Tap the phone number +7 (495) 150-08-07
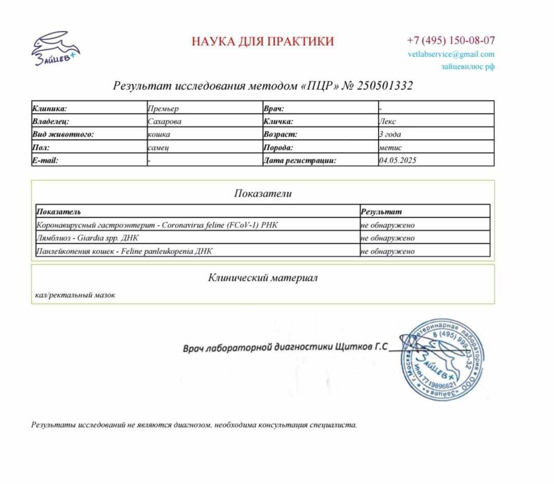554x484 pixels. (451, 40)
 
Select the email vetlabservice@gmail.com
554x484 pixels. (451, 54)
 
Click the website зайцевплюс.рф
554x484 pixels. (467, 66)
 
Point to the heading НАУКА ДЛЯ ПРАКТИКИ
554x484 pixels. (263, 41)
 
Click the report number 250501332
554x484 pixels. (384, 86)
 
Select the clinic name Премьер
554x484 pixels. (163, 108)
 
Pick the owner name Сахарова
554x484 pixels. (164, 122)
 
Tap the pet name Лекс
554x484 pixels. (387, 122)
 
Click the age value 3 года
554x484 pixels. (390, 134)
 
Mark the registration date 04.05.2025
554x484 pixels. (397, 160)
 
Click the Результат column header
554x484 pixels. (381, 211)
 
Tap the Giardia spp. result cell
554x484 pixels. (387, 238)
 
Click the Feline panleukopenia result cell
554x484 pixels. (387, 251)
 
